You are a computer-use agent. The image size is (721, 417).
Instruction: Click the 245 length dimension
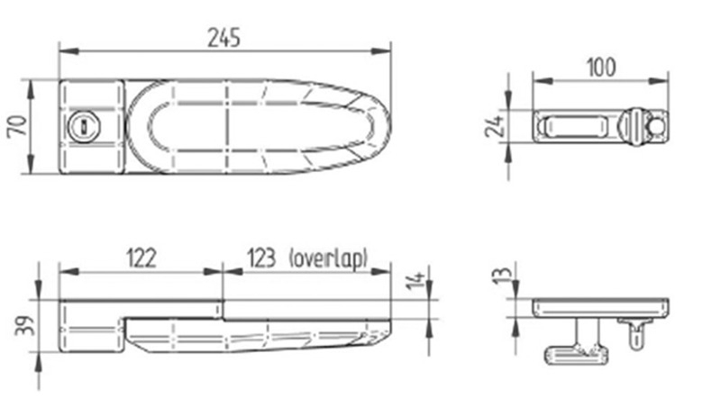pyautogui.click(x=224, y=38)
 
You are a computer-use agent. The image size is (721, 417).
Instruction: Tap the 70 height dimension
pyautogui.click(x=17, y=126)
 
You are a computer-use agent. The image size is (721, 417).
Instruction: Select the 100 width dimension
pyautogui.click(x=601, y=68)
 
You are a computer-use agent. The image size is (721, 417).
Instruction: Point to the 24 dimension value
pyautogui.click(x=494, y=125)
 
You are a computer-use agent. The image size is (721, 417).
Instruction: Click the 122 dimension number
pyautogui.click(x=141, y=258)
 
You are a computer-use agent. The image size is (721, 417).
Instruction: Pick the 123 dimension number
pyautogui.click(x=261, y=258)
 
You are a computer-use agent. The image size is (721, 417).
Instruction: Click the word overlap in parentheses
pyautogui.click(x=328, y=258)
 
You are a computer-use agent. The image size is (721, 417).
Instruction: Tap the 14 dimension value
pyautogui.click(x=415, y=280)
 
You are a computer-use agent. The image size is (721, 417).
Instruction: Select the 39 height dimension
pyautogui.click(x=24, y=325)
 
